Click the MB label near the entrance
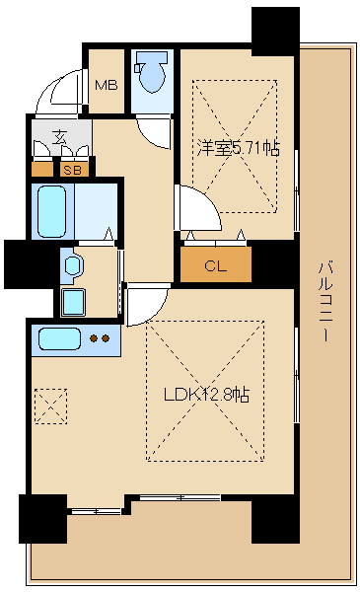[x=107, y=85]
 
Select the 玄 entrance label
[x=60, y=137]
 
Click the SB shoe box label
[x=72, y=170]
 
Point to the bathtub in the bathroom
[x=55, y=207]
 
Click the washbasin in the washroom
[x=70, y=264]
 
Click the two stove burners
[x=100, y=339]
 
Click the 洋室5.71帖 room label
[x=237, y=149]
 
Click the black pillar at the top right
[x=274, y=31]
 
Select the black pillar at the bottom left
[x=42, y=518]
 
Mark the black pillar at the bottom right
[x=274, y=518]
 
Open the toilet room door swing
[x=154, y=132]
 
